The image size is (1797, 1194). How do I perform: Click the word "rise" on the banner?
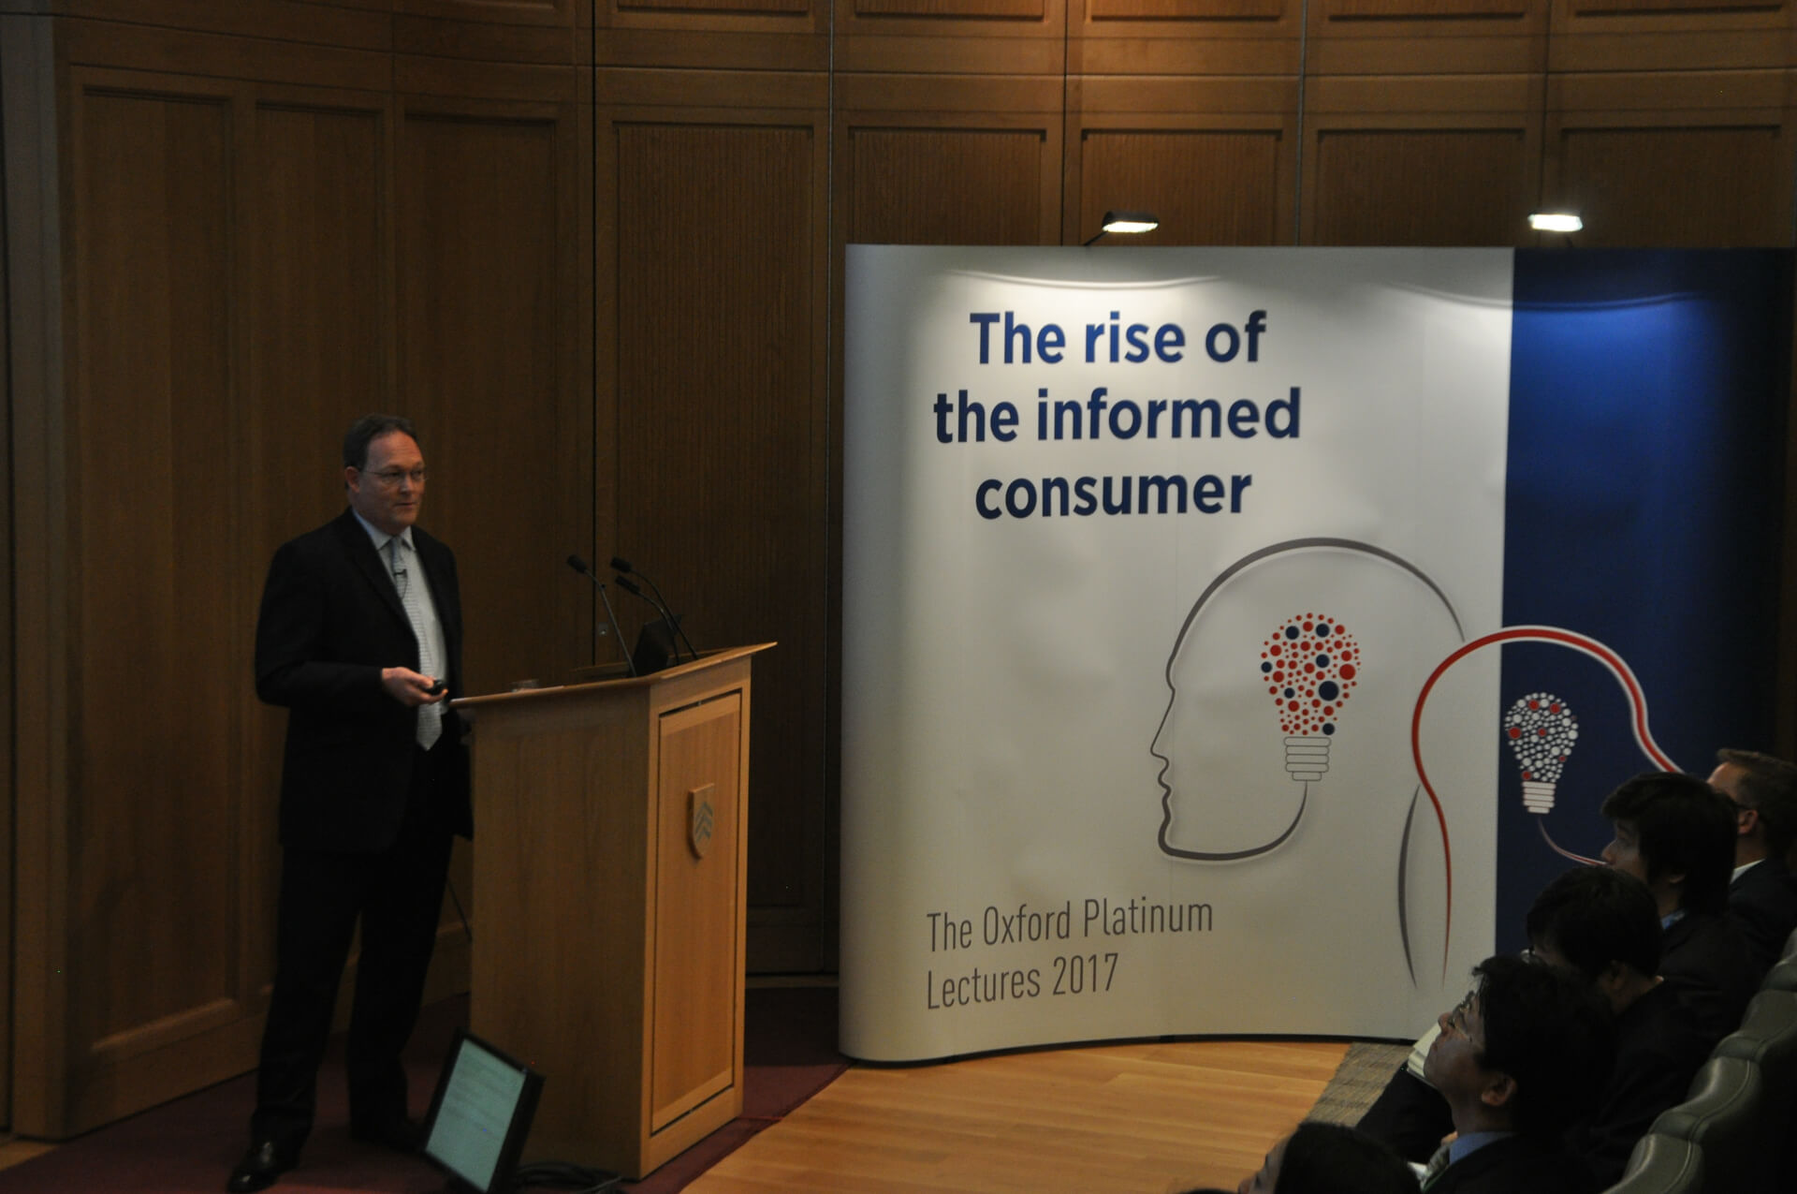click(x=1134, y=339)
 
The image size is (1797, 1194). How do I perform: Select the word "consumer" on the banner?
click(x=1113, y=494)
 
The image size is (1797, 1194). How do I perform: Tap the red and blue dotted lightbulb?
click(x=1309, y=696)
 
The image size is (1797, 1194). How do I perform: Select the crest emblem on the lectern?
click(x=702, y=820)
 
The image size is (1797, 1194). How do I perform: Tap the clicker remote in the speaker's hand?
click(x=433, y=687)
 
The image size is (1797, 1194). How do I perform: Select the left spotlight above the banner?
click(x=1128, y=223)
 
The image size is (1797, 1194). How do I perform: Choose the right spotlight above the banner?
click(x=1555, y=222)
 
